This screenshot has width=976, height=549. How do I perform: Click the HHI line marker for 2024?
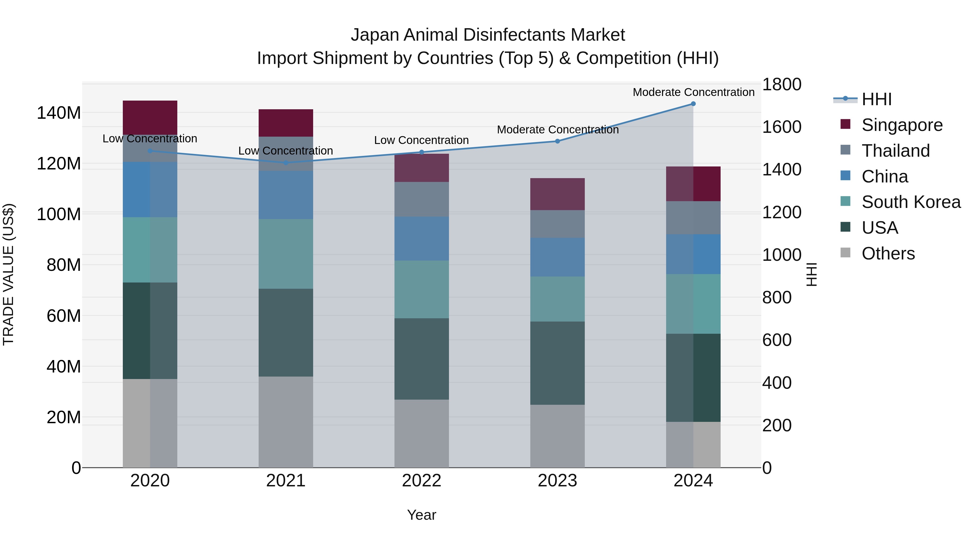[x=693, y=104]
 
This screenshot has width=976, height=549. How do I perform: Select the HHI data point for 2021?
[x=286, y=163]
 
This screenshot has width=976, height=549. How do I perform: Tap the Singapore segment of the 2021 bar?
[x=286, y=123]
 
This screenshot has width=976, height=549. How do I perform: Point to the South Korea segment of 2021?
[x=286, y=253]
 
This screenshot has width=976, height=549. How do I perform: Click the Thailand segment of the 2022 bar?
[x=421, y=199]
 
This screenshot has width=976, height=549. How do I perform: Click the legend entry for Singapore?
[x=902, y=125]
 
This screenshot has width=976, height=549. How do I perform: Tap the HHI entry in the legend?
[x=876, y=99]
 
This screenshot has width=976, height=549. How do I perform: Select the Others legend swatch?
[x=845, y=253]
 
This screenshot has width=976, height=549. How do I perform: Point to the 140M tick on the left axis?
[x=59, y=113]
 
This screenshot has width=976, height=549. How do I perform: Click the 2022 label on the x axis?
[x=421, y=480]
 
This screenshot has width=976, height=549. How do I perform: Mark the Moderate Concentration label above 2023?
[x=557, y=130]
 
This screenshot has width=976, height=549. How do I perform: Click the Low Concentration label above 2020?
[x=150, y=138]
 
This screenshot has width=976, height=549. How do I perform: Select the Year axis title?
[x=421, y=515]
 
